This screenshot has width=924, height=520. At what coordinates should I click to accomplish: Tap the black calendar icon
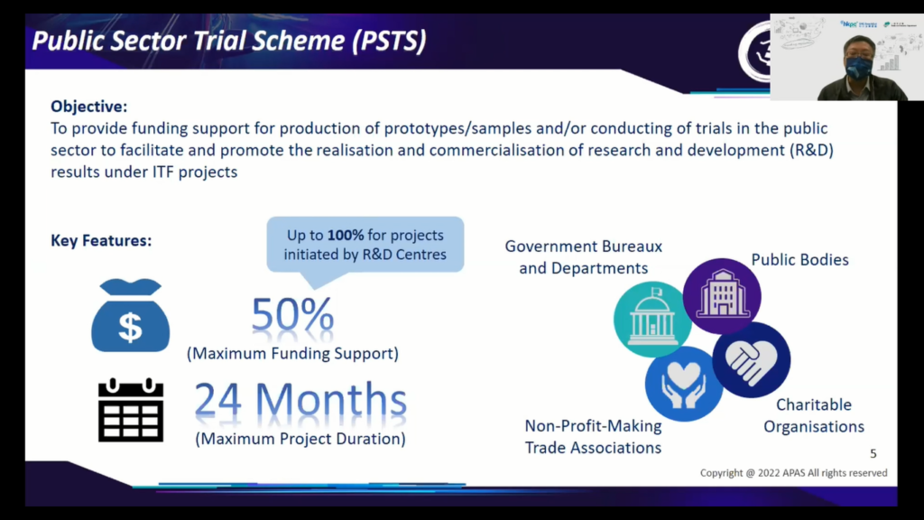tap(130, 411)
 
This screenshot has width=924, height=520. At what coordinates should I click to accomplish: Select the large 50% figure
tap(293, 314)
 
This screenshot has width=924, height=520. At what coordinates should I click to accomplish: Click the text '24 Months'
tap(300, 400)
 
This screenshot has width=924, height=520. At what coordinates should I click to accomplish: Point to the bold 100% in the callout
tap(346, 236)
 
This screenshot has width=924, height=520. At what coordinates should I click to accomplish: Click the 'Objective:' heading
tap(89, 107)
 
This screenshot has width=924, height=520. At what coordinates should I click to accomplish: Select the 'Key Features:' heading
tap(101, 240)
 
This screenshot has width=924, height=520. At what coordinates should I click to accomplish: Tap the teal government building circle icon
tap(651, 319)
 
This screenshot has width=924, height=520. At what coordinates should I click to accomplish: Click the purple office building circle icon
tap(722, 295)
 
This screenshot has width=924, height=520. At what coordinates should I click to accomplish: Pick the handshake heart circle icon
tap(752, 359)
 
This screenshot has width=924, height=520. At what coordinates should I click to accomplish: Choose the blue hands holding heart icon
tap(684, 384)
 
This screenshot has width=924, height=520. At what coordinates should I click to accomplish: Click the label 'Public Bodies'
tap(799, 260)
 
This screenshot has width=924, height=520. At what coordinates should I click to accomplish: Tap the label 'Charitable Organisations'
tap(814, 415)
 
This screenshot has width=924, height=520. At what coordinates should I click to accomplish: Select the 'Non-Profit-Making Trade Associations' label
tap(593, 437)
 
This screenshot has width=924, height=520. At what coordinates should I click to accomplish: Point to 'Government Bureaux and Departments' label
tap(584, 257)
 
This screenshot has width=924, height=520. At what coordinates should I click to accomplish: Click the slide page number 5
tap(873, 453)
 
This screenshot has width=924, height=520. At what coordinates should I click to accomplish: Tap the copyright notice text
tap(793, 473)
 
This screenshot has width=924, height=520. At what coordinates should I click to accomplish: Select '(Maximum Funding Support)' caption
tap(293, 354)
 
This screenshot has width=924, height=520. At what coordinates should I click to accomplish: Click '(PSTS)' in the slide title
tap(389, 41)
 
